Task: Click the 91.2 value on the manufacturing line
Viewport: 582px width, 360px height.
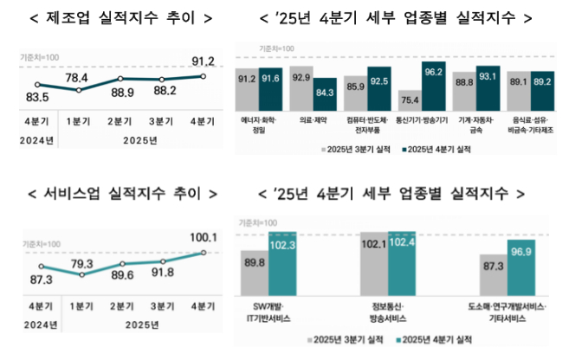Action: [203, 61]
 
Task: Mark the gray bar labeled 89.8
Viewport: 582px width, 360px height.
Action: [255, 277]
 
